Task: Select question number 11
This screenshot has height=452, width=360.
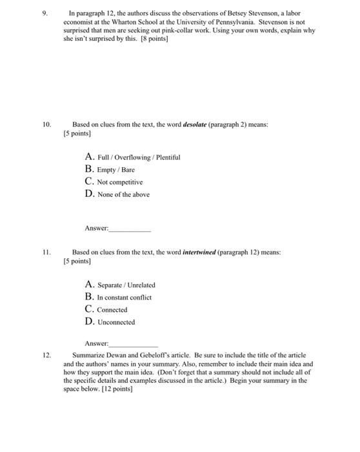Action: (45, 252)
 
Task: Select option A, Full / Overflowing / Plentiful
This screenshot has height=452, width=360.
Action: (132, 157)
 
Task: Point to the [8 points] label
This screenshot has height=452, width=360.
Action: (153, 38)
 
